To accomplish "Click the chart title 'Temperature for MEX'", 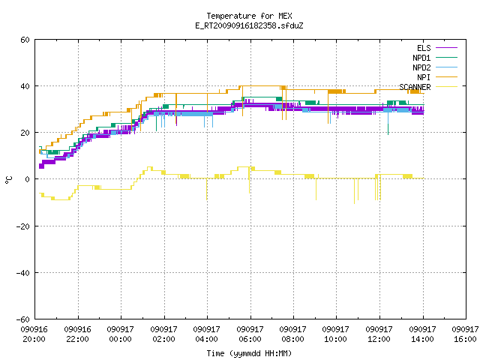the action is (249, 16).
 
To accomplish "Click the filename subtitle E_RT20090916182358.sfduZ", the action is (249, 25).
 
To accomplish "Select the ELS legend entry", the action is (437, 48).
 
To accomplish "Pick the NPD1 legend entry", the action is (435, 58).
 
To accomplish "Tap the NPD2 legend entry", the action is (435, 67).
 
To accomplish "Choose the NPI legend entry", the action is (437, 77).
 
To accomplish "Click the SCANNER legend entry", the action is (428, 87).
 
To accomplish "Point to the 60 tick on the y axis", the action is (25, 40).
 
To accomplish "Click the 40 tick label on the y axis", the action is (25, 86).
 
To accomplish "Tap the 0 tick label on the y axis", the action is (28, 179).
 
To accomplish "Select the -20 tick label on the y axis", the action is (23, 226).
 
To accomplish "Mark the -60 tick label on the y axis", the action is (23, 319).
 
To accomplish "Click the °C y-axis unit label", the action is (8, 180).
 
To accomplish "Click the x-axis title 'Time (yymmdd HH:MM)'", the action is (249, 353).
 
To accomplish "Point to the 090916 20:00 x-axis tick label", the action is (34, 334).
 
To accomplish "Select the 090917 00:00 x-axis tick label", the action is (120, 334).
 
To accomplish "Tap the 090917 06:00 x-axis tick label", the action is (250, 334).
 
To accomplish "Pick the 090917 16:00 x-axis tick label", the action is (465, 334).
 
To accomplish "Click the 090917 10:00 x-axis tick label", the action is (336, 334).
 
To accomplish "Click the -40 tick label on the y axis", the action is (23, 273).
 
